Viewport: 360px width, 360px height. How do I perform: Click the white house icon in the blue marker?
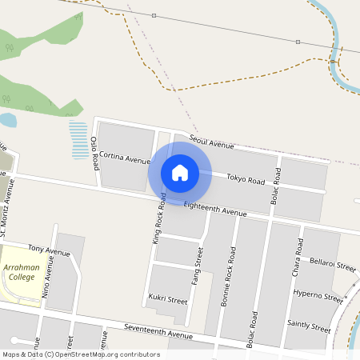(x=179, y=172)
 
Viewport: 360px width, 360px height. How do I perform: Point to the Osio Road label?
(x=94, y=153)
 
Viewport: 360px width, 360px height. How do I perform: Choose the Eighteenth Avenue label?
(x=214, y=210)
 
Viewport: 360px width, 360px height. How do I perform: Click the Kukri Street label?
(x=167, y=300)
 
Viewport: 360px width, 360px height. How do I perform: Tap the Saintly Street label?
(x=309, y=327)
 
